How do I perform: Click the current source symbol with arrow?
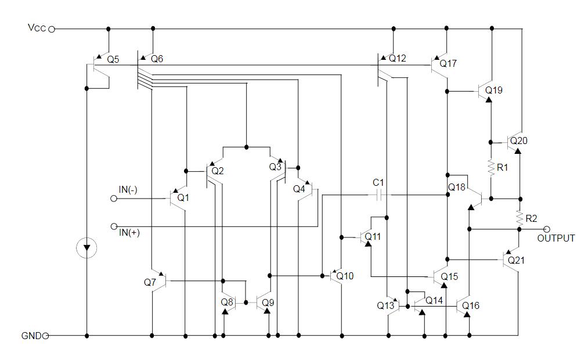point(87,249)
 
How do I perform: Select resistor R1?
point(490,168)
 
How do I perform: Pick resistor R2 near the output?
point(519,218)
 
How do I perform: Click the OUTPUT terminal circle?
point(546,229)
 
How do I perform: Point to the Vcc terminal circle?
point(51,28)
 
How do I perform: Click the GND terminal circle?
point(45,336)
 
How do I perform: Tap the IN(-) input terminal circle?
point(114,199)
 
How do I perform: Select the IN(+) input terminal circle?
point(114,226)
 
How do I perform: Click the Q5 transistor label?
point(113,59)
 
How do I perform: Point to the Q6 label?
point(157,59)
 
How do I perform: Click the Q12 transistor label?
point(398,59)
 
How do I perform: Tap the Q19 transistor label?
point(494,91)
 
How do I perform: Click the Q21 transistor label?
point(517,261)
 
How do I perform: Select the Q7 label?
point(150,282)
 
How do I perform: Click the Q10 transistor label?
point(345,276)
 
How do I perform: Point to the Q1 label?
point(183,198)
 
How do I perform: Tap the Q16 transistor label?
point(471,305)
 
